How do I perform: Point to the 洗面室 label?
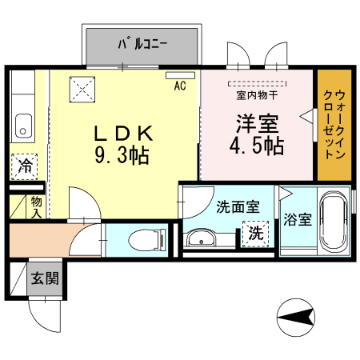(238, 206)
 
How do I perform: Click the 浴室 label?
(299, 220)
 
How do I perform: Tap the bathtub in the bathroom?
(334, 222)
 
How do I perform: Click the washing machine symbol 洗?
(254, 234)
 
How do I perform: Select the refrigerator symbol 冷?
(26, 167)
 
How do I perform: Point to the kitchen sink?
(23, 126)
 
